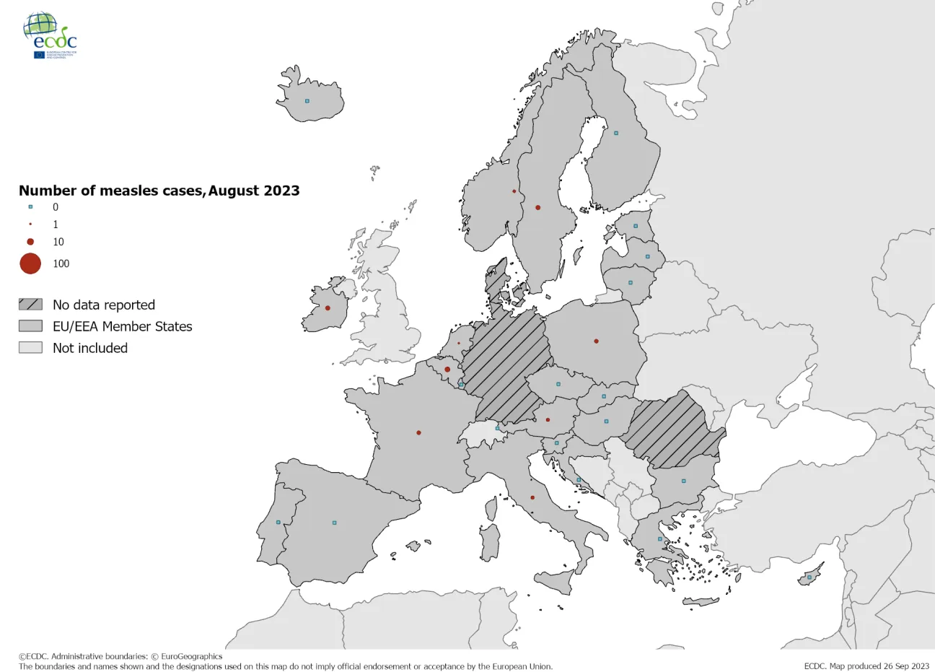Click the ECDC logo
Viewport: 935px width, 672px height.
50,35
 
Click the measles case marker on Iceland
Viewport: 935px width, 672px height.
307,101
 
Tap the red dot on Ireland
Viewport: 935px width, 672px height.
328,308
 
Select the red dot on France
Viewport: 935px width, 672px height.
418,433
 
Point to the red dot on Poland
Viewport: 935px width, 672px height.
596,341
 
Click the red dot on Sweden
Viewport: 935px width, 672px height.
537,208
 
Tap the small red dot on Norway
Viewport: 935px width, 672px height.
514,191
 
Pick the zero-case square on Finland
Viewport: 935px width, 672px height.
615,133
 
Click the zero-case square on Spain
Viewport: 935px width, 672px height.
334,523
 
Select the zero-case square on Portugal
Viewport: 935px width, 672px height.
278,522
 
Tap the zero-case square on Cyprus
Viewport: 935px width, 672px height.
809,577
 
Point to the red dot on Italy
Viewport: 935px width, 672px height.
532,497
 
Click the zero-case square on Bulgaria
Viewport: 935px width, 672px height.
683,481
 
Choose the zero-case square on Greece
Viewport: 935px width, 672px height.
659,538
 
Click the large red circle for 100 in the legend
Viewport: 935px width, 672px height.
30,263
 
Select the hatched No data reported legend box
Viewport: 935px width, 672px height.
30,305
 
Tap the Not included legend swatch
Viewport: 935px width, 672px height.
30,348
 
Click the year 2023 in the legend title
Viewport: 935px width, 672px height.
281,191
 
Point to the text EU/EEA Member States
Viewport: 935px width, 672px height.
123,326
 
